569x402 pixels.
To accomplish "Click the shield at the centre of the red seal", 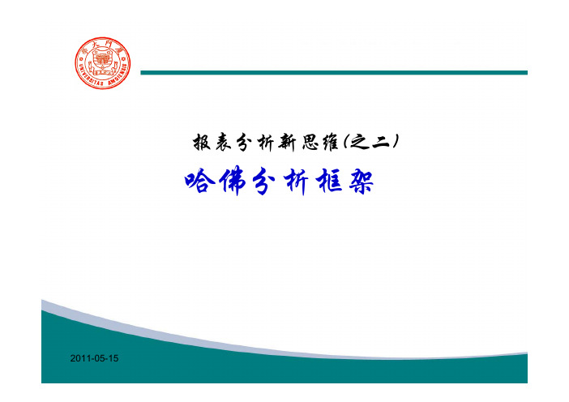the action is [x=103, y=60].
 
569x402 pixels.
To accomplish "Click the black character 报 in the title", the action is [x=202, y=142].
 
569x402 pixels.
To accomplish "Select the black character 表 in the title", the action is [x=223, y=142].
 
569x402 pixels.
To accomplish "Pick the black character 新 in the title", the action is [x=287, y=142].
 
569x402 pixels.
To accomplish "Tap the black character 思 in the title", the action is [x=309, y=142].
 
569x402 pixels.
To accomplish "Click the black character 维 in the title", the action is [x=330, y=142].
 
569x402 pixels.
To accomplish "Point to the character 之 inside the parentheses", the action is [x=358, y=142].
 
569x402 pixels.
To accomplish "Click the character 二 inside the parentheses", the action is [x=381, y=142].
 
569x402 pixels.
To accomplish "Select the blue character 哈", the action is [x=199, y=181].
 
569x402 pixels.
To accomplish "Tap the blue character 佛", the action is [x=233, y=181].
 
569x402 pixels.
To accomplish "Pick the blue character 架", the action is [x=361, y=181].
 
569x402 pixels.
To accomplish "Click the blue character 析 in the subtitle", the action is [x=297, y=182].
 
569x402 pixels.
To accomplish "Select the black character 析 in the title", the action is [x=265, y=142].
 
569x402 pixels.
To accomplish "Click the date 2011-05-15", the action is [x=94, y=358].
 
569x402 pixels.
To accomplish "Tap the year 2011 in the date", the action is [x=79, y=358].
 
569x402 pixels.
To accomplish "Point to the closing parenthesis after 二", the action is [x=396, y=142].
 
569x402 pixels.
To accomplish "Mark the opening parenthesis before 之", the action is [x=344, y=142].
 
